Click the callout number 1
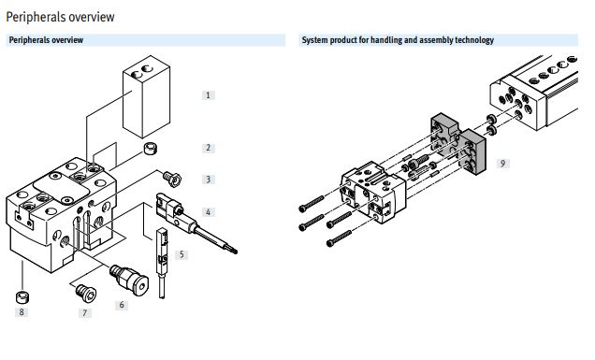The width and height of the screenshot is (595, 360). [208, 95]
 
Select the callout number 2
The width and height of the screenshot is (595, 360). [208, 148]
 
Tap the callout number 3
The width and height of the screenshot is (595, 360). [208, 179]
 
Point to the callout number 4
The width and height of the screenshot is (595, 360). [208, 212]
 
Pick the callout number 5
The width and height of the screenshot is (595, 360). [181, 254]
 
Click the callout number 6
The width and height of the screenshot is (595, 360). [122, 305]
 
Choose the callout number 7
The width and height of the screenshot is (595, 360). [84, 313]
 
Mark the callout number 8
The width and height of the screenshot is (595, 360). [22, 311]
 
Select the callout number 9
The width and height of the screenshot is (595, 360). [502, 164]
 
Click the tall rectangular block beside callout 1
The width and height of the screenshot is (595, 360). [146, 96]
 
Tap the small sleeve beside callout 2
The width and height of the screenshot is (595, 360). [151, 148]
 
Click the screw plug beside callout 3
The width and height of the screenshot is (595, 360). [172, 179]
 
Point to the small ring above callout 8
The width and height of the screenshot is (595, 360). [23, 296]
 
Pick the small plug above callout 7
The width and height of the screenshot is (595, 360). [86, 294]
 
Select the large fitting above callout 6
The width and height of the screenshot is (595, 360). [129, 280]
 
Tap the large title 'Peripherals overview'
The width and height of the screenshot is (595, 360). [60, 17]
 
